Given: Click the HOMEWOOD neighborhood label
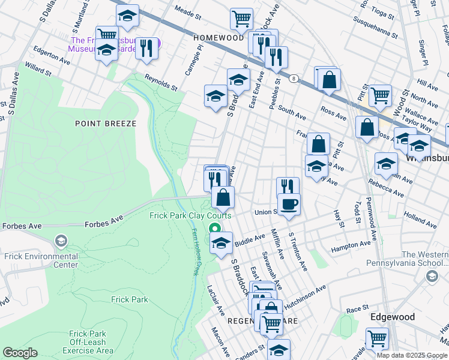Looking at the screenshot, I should [218, 37].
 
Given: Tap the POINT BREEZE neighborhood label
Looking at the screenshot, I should [106, 123].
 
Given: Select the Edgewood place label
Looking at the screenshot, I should [393, 316].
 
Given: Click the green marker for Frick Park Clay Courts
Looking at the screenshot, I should [214, 229].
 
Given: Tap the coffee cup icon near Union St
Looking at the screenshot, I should [289, 203].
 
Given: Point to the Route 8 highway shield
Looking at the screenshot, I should [294, 78].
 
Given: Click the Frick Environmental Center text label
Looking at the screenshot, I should [41, 260].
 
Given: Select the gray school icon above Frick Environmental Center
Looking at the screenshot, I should [61, 242].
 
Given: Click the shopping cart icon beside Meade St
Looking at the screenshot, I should [241, 18].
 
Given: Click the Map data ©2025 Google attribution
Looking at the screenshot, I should [412, 355].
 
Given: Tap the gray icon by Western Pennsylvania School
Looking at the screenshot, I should [432, 276].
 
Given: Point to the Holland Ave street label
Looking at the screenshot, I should [420, 218].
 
